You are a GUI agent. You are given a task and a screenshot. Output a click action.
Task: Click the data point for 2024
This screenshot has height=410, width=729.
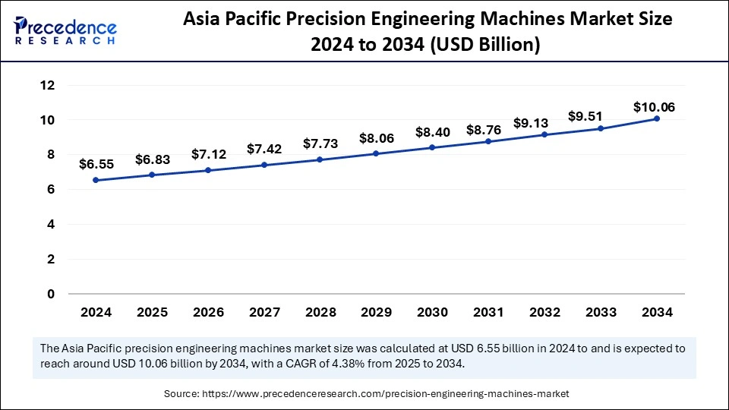(96, 180)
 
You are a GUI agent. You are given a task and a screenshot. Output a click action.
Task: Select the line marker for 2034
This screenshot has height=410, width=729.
(657, 118)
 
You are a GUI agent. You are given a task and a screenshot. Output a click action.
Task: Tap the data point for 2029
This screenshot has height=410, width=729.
(377, 153)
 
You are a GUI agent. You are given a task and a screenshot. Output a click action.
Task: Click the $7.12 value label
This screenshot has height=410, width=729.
(208, 154)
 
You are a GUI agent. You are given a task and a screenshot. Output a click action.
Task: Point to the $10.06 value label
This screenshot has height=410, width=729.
(654, 107)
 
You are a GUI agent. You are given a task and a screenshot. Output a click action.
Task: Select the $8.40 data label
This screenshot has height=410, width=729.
(433, 132)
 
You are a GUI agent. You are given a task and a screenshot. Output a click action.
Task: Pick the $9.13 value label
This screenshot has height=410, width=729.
(545, 122)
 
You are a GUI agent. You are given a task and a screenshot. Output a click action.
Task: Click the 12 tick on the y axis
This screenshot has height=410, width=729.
(47, 86)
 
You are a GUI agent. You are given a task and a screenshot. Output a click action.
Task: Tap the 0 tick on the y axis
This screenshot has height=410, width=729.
(51, 294)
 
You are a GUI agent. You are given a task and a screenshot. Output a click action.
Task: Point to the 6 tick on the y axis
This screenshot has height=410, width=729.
(51, 190)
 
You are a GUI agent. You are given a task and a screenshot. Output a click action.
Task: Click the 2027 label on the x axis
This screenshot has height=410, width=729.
(264, 313)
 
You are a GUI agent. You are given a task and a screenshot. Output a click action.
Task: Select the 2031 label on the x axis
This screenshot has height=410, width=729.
(488, 313)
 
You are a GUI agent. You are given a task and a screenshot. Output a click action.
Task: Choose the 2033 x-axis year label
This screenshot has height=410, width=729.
(601, 313)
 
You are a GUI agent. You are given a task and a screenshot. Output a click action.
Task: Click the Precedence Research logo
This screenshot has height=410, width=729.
(65, 31)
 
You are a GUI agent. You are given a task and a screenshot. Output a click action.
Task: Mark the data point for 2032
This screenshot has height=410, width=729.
(544, 135)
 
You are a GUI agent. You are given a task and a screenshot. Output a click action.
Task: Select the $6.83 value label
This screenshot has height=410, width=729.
(153, 159)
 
